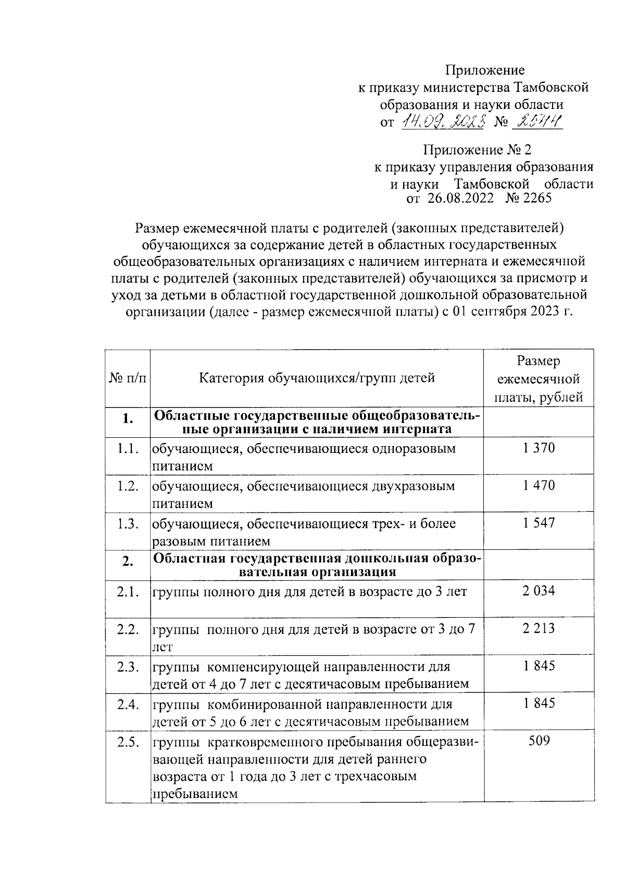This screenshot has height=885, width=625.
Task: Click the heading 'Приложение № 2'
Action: (477, 151)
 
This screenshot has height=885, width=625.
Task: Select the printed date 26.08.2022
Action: (460, 198)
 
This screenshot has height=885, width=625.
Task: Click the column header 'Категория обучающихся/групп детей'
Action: (317, 377)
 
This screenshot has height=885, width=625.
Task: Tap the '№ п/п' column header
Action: (127, 377)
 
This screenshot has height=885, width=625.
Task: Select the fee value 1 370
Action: (539, 448)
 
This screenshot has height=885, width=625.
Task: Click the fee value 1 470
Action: (539, 485)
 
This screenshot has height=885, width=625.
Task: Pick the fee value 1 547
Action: (539, 523)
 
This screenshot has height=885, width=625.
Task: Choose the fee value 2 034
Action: (539, 591)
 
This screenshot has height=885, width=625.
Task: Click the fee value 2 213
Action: (539, 628)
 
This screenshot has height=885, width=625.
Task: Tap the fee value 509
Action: (539, 741)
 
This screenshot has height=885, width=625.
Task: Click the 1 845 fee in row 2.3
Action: (539, 666)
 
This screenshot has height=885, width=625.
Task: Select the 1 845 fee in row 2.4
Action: (539, 703)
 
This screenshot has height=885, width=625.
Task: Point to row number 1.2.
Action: (127, 486)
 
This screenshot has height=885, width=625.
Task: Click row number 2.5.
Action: (127, 742)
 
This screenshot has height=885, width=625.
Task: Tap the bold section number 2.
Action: (127, 561)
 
